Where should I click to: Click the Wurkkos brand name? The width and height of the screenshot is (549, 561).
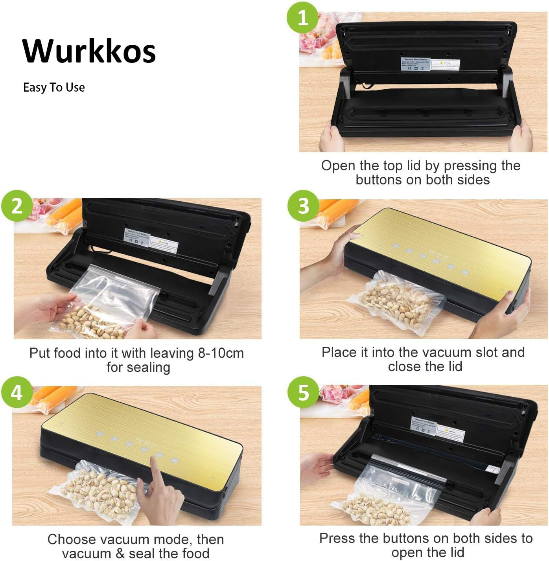point(89,51)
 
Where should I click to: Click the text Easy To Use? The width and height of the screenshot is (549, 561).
point(54,87)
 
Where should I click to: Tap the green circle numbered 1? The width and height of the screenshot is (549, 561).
point(303,17)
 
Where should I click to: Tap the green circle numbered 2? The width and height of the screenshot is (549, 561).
point(17,206)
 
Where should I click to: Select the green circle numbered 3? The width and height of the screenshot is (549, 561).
point(303,206)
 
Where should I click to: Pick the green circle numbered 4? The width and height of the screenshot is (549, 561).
point(17,392)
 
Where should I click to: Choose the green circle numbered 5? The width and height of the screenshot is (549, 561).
point(303,392)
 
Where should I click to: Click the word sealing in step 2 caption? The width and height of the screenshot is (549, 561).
point(150,367)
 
